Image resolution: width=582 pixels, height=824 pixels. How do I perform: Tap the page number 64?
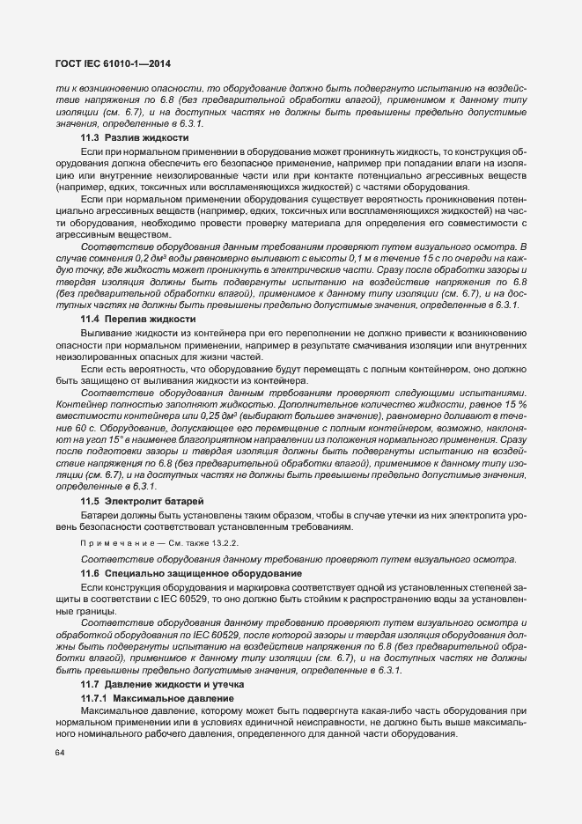tap(60, 752)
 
